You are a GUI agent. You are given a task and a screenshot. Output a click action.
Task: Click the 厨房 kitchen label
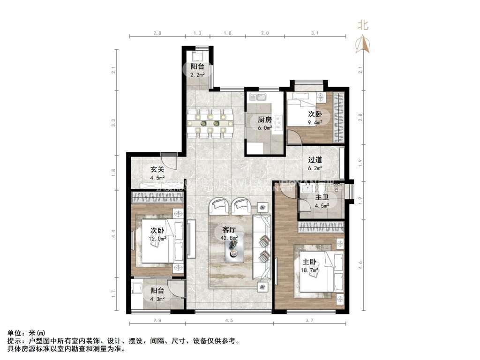(x=265, y=120)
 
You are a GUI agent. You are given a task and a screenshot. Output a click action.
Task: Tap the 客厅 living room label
(x=229, y=230)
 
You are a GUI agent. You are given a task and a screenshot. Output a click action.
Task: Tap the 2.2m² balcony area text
(x=197, y=75)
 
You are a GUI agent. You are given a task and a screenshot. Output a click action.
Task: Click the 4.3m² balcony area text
(x=157, y=299)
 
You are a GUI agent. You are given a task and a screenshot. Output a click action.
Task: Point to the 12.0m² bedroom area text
(x=157, y=239)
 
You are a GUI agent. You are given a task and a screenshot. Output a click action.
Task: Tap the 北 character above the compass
(x=363, y=25)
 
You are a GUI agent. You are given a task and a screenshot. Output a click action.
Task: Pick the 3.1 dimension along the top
(x=315, y=33)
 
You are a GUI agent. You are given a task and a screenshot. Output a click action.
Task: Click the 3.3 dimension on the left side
(x=113, y=123)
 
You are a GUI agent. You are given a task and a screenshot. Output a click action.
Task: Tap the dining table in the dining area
(x=210, y=123)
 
